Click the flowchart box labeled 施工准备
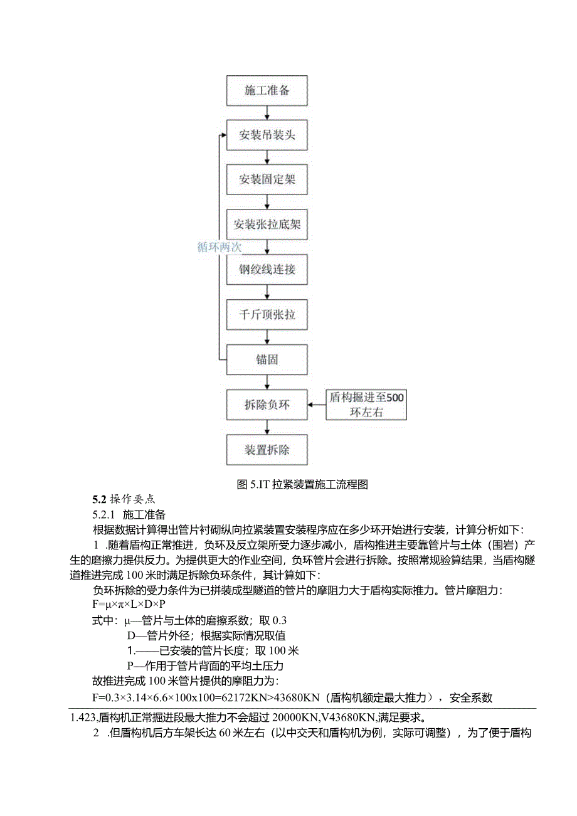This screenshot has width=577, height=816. [267, 90]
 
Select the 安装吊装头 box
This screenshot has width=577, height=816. [267, 135]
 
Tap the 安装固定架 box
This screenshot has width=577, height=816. [267, 179]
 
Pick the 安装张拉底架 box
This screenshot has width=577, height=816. [267, 225]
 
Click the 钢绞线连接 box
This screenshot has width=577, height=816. [267, 270]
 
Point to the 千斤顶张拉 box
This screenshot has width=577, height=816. [267, 315]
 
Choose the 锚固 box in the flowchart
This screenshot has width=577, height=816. [267, 360]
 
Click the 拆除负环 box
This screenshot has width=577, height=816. [267, 405]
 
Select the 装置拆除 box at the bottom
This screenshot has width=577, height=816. [267, 450]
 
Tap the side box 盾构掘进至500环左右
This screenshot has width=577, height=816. [367, 405]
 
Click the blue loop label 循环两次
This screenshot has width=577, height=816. [219, 246]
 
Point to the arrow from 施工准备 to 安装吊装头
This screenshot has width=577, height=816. [268, 112]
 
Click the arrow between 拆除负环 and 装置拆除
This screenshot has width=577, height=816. [268, 428]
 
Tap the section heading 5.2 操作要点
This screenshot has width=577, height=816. [124, 500]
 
